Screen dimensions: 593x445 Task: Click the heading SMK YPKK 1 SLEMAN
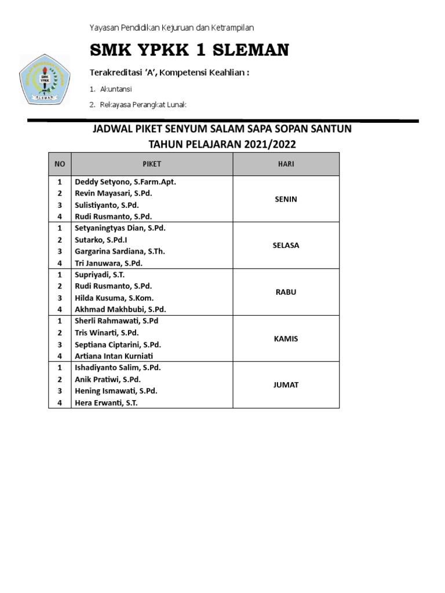(x=189, y=51)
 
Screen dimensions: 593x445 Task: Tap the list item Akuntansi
(x=116, y=89)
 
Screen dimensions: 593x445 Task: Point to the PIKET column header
(x=152, y=164)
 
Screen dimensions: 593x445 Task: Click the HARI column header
(x=286, y=164)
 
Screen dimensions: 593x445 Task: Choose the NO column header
(x=59, y=164)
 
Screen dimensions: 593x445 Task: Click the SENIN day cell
(x=286, y=199)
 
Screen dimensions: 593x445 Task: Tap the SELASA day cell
(x=286, y=246)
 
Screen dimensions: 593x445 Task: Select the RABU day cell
(x=286, y=292)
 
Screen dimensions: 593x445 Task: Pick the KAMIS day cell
(x=286, y=338)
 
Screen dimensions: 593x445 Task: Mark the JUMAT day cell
(x=286, y=385)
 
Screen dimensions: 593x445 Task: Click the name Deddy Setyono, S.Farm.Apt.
(x=125, y=182)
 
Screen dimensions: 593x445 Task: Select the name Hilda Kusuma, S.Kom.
(x=114, y=298)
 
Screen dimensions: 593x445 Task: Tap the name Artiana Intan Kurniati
(x=119, y=356)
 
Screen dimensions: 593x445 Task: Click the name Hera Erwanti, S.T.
(x=106, y=402)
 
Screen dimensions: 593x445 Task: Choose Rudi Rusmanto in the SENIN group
(x=114, y=217)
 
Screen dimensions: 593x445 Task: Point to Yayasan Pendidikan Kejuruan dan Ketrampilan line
(x=172, y=27)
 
